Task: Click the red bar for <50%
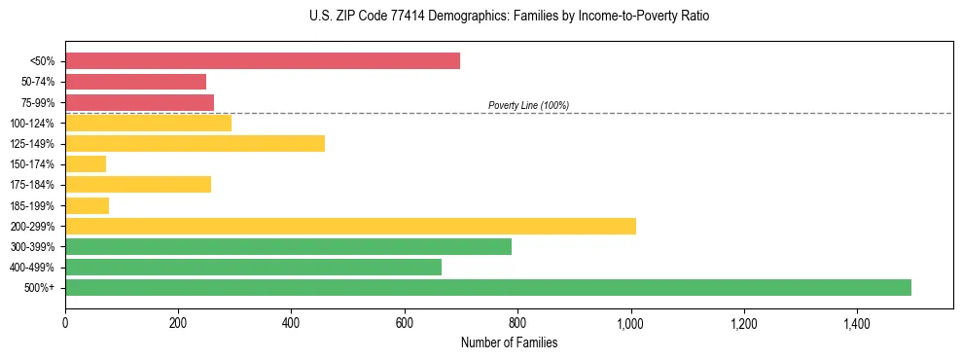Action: click(263, 61)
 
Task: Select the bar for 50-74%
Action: click(135, 82)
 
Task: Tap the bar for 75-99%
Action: click(139, 102)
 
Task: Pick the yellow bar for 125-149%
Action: click(195, 143)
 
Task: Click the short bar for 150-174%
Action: click(86, 163)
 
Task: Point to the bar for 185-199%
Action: click(87, 205)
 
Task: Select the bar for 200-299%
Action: click(350, 226)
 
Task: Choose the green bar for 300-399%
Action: click(288, 246)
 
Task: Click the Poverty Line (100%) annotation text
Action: click(528, 105)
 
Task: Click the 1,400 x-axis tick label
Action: click(857, 323)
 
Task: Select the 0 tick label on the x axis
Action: click(65, 323)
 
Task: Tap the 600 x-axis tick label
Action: click(405, 323)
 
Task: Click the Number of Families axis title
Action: click(509, 342)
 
